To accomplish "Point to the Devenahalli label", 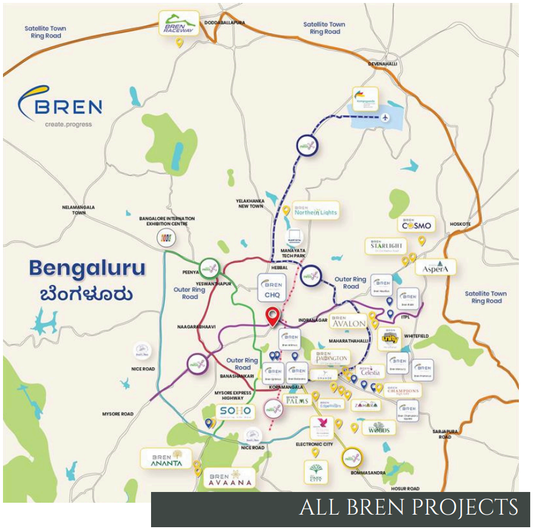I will point(383,64).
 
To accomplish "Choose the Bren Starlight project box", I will point(386,246).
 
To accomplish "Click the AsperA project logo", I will point(439,267).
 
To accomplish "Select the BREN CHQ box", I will point(272,287).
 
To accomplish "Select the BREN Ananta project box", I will point(165,459).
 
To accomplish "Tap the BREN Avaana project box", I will point(230,478).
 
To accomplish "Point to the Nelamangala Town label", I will point(79,209).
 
